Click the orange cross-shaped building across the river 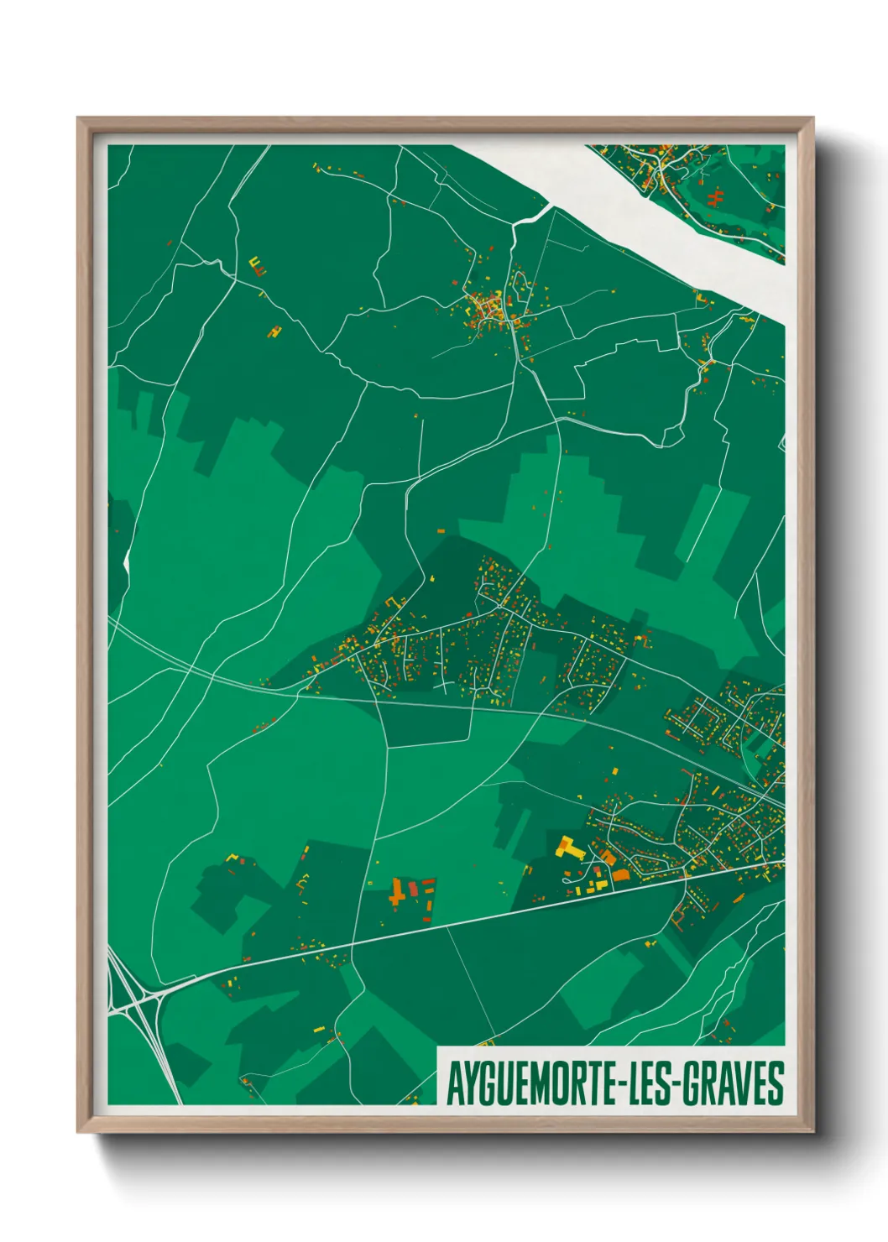tap(716, 199)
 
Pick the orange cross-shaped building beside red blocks tap(397, 891)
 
